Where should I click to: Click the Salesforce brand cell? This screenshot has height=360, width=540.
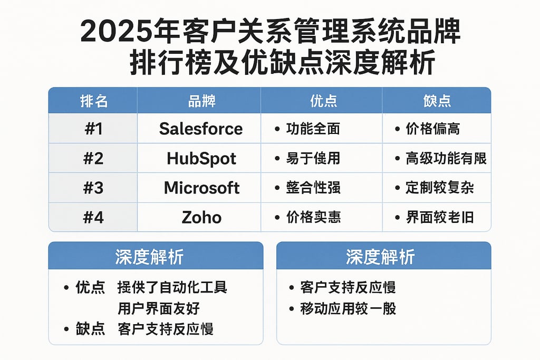[x=201, y=129]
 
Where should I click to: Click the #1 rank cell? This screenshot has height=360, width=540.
[x=93, y=129]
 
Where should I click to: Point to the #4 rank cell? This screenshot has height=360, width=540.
[x=93, y=217]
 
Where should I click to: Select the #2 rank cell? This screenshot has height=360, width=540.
[x=93, y=158]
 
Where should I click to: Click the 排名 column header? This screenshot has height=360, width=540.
[x=93, y=101]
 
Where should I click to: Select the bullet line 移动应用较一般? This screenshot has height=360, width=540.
[x=348, y=308]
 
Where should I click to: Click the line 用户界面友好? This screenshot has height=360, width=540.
[x=159, y=308]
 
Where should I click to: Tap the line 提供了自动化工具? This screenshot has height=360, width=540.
[x=172, y=288]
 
